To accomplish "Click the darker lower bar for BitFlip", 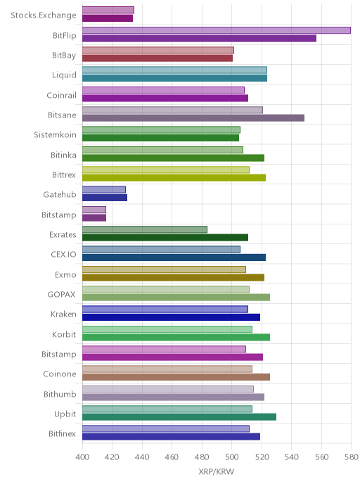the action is [x=199, y=38].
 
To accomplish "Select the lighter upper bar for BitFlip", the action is [x=217, y=30].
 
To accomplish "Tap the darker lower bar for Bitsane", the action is [x=193, y=118].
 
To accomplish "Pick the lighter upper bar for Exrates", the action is [x=145, y=229].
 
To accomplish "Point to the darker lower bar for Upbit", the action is [x=179, y=417].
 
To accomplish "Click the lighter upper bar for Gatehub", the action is [x=104, y=189].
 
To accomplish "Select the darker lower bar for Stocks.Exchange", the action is [x=108, y=18].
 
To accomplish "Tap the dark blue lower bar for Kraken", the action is [x=171, y=317].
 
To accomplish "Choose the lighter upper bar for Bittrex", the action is [x=166, y=170].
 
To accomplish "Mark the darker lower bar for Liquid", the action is [x=174, y=78].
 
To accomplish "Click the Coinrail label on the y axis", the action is [x=61, y=95].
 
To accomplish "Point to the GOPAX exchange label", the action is [x=61, y=295].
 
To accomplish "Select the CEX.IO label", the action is [x=63, y=255].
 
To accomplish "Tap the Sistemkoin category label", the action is [x=56, y=135].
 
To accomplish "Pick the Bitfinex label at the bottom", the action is [x=62, y=433].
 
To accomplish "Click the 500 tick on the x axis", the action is [x=232, y=457].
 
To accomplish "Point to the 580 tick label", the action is [x=352, y=457].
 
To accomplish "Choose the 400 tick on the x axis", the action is [x=82, y=457].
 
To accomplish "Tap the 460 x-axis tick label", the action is [x=172, y=457].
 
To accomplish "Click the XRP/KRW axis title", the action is [x=217, y=471].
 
